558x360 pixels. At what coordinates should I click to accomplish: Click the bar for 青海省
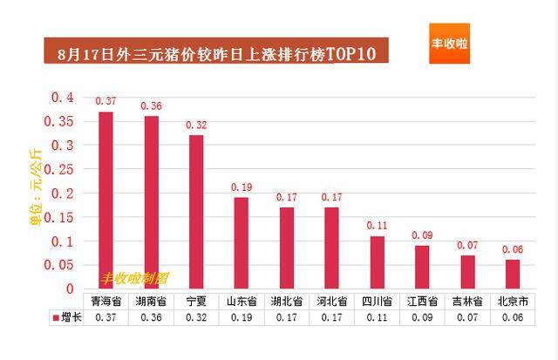(x=105, y=200)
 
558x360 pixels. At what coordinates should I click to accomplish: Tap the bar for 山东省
(x=242, y=243)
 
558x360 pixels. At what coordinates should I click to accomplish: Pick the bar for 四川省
(x=377, y=262)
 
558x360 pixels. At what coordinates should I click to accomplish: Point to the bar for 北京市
(x=513, y=274)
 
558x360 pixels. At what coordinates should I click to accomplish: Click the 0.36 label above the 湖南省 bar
(x=151, y=106)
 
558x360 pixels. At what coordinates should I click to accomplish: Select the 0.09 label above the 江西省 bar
(x=422, y=235)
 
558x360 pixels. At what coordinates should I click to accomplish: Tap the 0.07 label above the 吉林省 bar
(x=467, y=245)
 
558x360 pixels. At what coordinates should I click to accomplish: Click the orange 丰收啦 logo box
(x=450, y=43)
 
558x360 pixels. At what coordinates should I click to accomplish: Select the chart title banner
(x=217, y=53)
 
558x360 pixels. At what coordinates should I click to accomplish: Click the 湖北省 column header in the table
(x=287, y=302)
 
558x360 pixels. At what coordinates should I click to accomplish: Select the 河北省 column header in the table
(x=332, y=302)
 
